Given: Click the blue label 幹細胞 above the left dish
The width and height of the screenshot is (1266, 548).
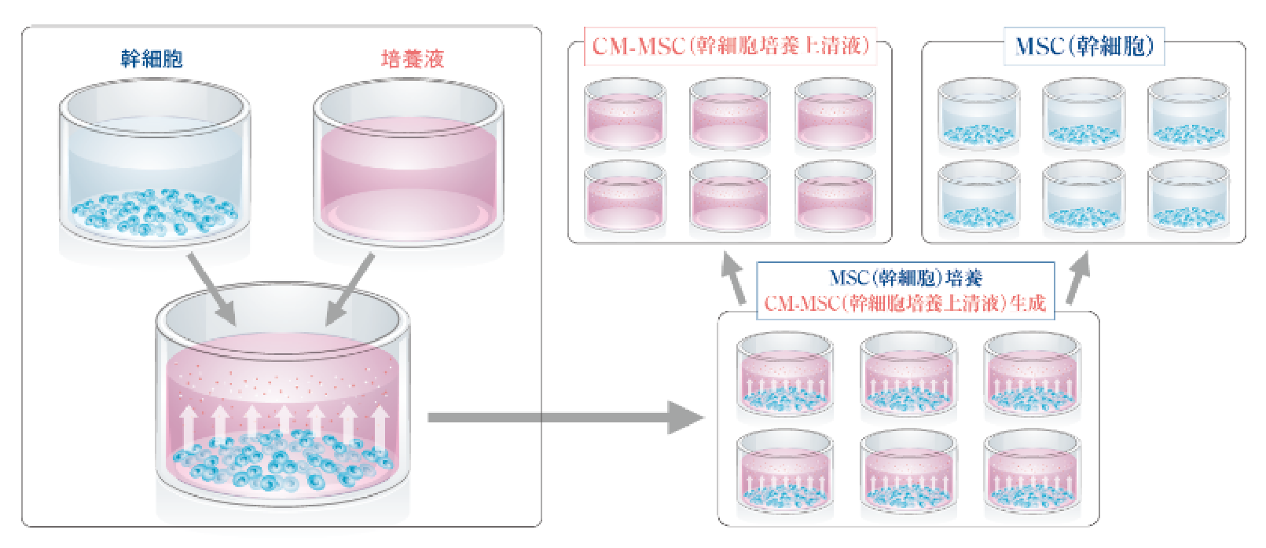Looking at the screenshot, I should (152, 59).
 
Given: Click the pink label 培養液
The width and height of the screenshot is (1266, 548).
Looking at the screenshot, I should (413, 59).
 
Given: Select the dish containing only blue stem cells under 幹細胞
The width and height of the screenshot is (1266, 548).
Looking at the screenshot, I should (154, 169).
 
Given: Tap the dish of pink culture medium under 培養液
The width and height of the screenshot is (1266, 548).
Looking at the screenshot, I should (408, 169).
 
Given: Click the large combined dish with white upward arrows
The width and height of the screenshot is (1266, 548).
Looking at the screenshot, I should (282, 400).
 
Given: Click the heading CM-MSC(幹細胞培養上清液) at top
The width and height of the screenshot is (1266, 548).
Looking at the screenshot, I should (730, 46).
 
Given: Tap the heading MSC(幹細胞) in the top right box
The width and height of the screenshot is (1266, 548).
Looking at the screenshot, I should (1084, 46).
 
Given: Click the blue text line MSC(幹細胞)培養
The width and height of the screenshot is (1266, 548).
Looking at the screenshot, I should (906, 278).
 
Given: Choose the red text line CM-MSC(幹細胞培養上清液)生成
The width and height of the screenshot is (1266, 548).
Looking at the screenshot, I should (905, 303).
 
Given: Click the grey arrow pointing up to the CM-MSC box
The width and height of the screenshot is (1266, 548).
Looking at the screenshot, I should (734, 279).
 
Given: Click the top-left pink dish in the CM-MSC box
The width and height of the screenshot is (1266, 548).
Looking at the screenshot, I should (625, 115).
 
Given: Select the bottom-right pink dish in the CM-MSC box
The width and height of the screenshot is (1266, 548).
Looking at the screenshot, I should (835, 198).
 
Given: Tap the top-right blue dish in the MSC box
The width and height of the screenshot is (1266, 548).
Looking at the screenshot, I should (1187, 115).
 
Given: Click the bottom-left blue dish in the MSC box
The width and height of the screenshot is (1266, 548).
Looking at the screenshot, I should (978, 198).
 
